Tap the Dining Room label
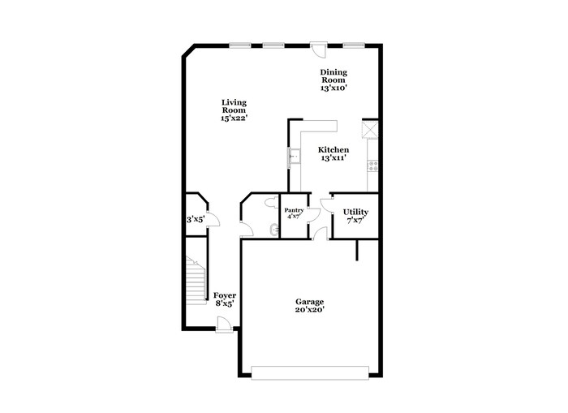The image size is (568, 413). (x=333, y=76)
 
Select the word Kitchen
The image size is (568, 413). (x=333, y=150)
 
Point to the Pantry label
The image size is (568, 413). (x=293, y=210)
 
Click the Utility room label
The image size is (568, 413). (x=355, y=212)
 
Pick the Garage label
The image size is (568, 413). (x=310, y=301)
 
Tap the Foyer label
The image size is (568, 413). (x=224, y=295)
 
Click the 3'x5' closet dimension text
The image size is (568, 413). (x=196, y=219)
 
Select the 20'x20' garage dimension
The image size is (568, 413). (x=310, y=309)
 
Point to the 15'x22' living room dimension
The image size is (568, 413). (x=234, y=118)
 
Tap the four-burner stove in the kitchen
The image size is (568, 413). (x=373, y=165)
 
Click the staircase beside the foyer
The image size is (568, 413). (x=194, y=279)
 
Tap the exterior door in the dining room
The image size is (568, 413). (x=321, y=49)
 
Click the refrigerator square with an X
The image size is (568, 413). (x=371, y=130)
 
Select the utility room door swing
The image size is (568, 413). (x=325, y=204)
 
